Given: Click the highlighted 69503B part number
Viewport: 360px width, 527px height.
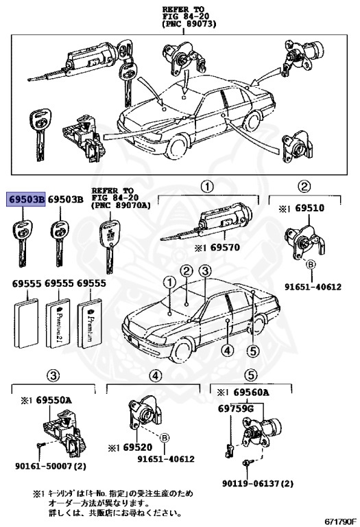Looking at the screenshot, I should click(x=26, y=200).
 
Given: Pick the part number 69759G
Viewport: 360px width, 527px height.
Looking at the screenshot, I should click(x=236, y=408).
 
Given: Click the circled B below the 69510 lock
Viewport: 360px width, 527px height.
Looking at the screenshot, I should click(x=310, y=264).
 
